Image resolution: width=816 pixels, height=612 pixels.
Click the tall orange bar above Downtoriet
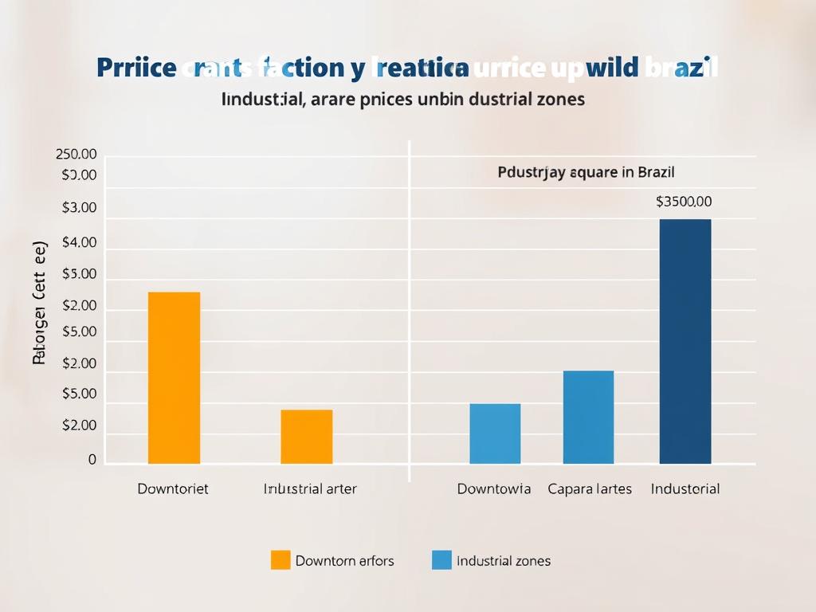click(x=174, y=378)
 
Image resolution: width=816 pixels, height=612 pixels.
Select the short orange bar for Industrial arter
click(x=306, y=437)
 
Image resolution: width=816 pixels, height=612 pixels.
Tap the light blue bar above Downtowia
click(x=495, y=433)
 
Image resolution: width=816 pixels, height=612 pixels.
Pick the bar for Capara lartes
click(x=588, y=417)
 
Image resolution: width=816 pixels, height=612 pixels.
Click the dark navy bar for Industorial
click(x=685, y=341)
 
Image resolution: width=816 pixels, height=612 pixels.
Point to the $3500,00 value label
click(x=684, y=202)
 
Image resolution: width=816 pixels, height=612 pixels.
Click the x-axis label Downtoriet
click(x=173, y=488)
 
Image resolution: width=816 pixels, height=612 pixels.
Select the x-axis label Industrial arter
click(x=310, y=488)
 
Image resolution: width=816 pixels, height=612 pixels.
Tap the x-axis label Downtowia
click(x=494, y=488)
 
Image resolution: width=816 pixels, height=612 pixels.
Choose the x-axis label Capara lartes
click(x=590, y=488)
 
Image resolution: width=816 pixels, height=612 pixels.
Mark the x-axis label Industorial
click(x=685, y=488)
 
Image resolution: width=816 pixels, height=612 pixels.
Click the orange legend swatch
click(x=280, y=560)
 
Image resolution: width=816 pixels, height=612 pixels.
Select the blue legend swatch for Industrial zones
click(x=441, y=560)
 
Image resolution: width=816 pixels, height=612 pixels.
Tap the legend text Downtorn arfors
click(x=344, y=561)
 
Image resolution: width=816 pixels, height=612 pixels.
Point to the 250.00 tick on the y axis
click(x=76, y=155)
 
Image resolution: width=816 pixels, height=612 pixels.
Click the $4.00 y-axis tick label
click(x=79, y=243)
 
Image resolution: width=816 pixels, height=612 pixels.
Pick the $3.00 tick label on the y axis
click(x=79, y=208)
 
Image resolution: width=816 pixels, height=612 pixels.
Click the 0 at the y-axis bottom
click(x=92, y=460)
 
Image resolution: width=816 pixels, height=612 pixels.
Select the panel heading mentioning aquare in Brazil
click(x=586, y=171)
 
